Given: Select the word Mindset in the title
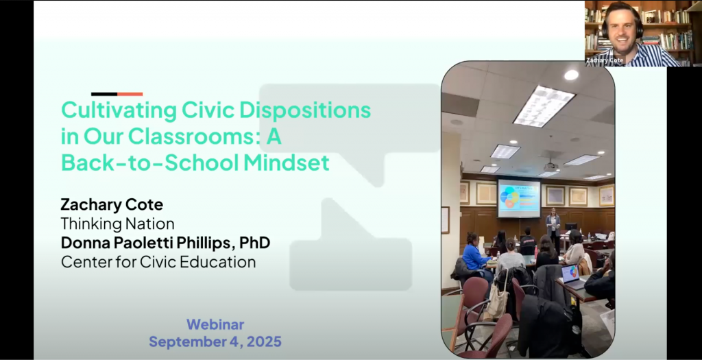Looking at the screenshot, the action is click(287, 163).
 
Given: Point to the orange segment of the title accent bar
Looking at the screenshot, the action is click(130, 94).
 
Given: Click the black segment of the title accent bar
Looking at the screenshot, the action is click(104, 94).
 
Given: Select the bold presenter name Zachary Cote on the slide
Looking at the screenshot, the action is click(112, 205).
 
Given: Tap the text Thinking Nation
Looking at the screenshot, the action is click(117, 224).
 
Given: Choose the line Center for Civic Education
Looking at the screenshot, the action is click(158, 262).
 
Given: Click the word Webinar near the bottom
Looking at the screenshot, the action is click(215, 324).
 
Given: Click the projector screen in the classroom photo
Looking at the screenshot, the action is click(519, 198).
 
